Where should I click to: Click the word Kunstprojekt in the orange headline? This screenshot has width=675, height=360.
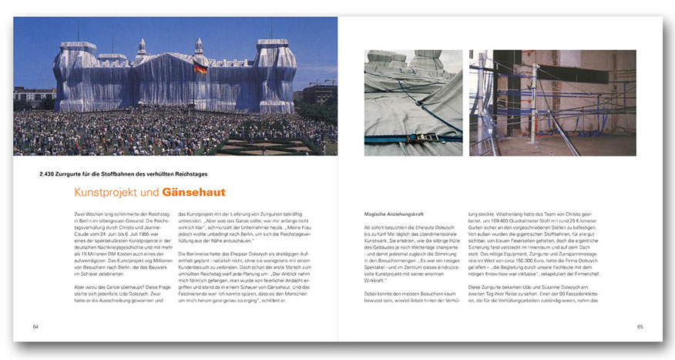106,192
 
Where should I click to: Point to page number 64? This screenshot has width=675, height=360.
35,326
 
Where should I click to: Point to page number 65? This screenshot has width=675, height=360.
640,326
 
